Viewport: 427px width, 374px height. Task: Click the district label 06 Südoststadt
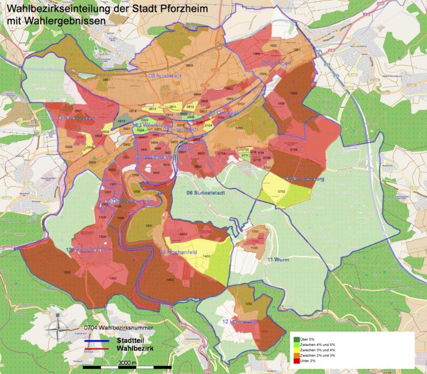[208, 193]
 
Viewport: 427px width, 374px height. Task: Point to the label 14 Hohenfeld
[180, 252]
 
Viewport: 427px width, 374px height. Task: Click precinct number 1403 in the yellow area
[206, 256]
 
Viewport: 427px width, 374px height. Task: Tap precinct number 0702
[281, 191]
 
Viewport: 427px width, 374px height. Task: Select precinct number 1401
[149, 225]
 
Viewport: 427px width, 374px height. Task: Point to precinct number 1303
[66, 273]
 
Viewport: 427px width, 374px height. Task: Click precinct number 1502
[273, 46]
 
